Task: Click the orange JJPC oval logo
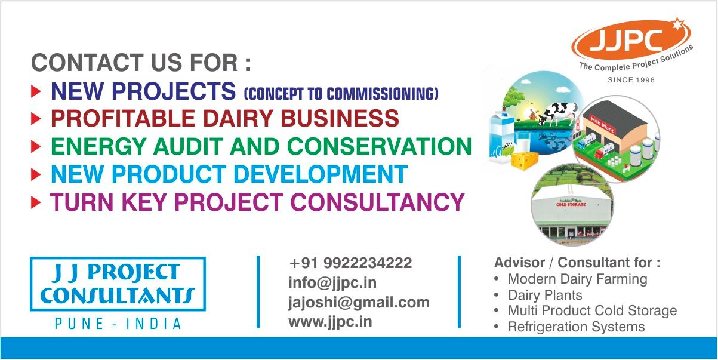tap(631, 39)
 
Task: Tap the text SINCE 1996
tap(631, 80)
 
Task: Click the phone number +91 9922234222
tap(350, 263)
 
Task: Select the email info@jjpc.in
tap(332, 283)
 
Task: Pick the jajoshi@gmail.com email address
tap(359, 303)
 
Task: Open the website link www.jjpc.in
tap(330, 322)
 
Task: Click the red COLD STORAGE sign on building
tap(571, 204)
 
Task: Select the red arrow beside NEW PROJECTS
tap(36, 91)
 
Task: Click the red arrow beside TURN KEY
tap(36, 202)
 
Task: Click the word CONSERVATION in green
tap(379, 146)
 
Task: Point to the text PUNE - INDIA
tap(118, 324)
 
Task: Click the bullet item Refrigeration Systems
tap(577, 327)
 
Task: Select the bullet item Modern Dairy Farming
tap(578, 279)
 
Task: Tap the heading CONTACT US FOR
tap(141, 63)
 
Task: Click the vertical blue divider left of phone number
tap(258, 292)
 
